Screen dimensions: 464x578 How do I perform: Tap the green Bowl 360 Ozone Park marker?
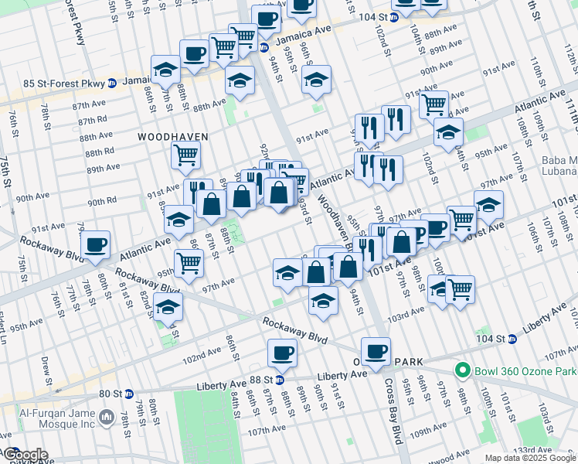pos(463,370)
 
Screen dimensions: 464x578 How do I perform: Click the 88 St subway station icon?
pos(280,380)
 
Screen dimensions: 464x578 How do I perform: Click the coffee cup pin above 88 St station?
pos(281,354)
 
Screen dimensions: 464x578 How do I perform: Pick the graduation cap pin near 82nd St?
pos(168,308)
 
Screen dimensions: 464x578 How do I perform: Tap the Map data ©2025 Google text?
pos(530,458)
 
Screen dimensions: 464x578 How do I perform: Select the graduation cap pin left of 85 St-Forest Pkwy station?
pos(165,70)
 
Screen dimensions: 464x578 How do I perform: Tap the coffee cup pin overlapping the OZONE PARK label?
pos(376,351)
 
